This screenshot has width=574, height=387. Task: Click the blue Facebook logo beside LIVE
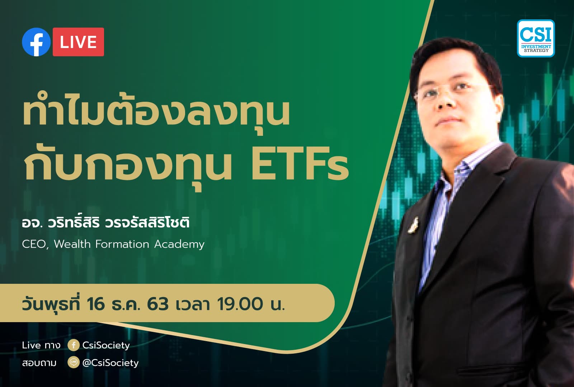click(x=36, y=42)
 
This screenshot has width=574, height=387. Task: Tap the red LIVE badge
click(x=78, y=42)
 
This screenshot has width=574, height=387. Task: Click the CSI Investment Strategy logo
click(x=536, y=38)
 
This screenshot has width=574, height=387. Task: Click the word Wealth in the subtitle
click(x=72, y=244)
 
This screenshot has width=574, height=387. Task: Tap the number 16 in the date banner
click(x=96, y=304)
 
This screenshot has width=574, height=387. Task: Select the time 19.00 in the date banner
click(x=240, y=304)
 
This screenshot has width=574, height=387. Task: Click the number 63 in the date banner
click(x=157, y=304)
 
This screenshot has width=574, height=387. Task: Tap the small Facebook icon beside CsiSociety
click(x=73, y=345)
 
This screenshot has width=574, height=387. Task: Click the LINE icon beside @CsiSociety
click(x=73, y=363)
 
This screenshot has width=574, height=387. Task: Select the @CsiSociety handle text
click(x=110, y=363)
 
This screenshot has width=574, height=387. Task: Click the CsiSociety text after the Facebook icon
click(x=106, y=345)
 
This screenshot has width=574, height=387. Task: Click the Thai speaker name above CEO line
click(x=105, y=222)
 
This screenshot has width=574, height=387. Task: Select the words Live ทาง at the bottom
click(x=41, y=345)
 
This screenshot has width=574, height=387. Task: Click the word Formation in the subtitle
click(x=122, y=244)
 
